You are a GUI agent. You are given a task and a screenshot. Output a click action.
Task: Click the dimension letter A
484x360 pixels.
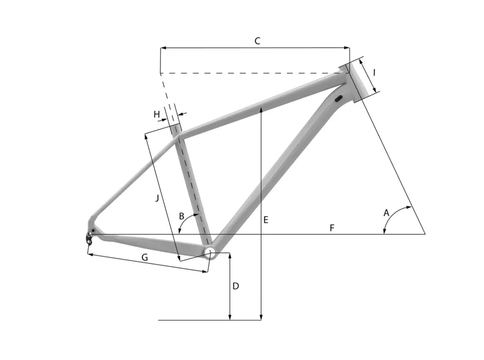(x=386, y=212)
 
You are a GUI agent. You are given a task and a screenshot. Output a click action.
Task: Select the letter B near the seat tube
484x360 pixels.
(x=181, y=216)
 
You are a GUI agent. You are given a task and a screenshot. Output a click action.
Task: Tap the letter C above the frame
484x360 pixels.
(x=257, y=41)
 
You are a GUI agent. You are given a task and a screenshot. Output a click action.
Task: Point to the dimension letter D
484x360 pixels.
(x=236, y=285)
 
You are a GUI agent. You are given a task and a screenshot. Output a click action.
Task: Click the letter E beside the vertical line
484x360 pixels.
(x=265, y=220)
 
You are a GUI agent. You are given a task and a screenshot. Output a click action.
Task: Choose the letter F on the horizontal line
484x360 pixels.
(x=332, y=227)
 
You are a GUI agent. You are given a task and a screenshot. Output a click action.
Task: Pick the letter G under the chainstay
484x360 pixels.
(x=145, y=258)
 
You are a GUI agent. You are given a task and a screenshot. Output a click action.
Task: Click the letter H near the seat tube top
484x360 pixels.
(x=157, y=114)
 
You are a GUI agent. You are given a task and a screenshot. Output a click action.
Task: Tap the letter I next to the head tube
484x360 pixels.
(x=374, y=72)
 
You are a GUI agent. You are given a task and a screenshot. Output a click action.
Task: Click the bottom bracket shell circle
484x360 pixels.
(x=209, y=252)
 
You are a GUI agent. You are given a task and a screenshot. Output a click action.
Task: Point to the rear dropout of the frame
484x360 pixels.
(x=90, y=235)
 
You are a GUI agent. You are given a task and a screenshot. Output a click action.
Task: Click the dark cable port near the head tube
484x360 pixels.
(x=339, y=98)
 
